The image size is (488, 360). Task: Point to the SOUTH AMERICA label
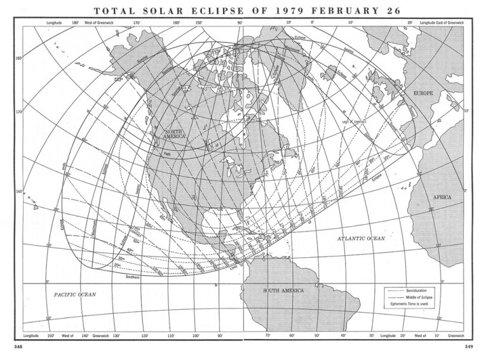283,291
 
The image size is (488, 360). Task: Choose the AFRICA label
442,197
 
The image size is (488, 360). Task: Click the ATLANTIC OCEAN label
361,238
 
